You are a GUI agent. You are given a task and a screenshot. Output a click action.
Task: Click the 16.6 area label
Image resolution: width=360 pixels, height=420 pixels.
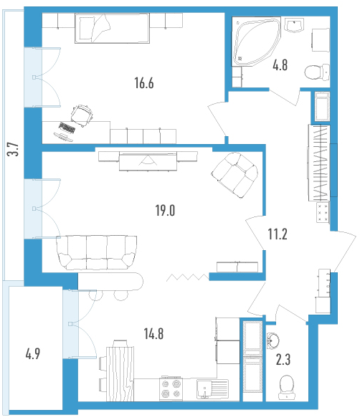point(144,83)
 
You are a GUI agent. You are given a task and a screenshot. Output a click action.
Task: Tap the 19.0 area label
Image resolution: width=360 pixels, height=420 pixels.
point(165,210)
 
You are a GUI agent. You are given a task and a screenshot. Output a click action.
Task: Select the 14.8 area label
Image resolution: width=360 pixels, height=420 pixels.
point(153,334)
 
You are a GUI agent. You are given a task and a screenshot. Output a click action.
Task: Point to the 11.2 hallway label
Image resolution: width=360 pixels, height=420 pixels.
point(278,234)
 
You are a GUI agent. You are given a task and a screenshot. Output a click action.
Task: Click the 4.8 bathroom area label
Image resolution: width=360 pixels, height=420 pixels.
point(280,65)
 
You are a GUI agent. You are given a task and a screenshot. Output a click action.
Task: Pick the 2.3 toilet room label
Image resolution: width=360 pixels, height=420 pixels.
point(283,360)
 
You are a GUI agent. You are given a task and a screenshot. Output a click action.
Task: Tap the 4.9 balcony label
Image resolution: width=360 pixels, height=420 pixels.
point(33,354)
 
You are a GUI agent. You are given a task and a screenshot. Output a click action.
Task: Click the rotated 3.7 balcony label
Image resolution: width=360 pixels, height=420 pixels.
point(13,149)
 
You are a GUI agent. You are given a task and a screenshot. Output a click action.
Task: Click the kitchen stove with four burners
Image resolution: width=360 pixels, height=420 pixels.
point(171,388)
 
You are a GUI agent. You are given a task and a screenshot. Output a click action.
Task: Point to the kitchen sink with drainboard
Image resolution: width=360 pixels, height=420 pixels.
point(212,389)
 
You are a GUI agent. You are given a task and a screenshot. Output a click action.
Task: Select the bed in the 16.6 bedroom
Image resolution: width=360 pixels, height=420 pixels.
point(112,28)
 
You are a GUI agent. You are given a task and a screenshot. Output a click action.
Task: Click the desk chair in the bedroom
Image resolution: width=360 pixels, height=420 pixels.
point(82,115)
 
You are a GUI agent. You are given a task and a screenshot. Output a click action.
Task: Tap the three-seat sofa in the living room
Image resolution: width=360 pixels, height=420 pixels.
point(97,252)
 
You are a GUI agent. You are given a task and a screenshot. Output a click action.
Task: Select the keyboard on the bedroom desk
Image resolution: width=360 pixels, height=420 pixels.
point(67,128)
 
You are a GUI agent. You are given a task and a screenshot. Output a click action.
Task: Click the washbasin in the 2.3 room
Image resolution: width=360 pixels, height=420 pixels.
point(273,341)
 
